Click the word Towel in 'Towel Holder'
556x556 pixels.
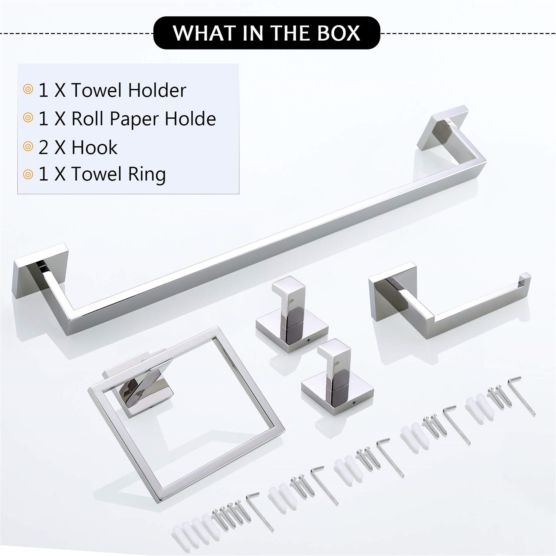click(97, 90)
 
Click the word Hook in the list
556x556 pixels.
click(94, 148)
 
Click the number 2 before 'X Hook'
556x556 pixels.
click(43, 148)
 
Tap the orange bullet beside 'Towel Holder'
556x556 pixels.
click(28, 90)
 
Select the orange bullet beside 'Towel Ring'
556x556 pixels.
click(28, 174)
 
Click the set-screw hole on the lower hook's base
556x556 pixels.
click(354, 404)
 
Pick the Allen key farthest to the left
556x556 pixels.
click(260, 511)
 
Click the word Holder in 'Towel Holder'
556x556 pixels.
click(157, 90)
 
